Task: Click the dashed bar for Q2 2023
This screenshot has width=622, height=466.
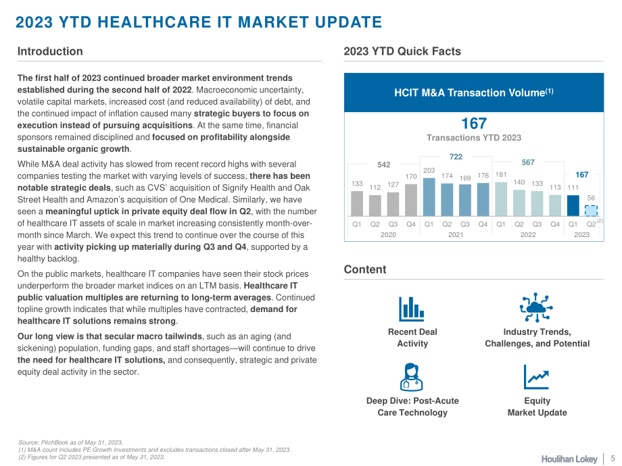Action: (591, 211)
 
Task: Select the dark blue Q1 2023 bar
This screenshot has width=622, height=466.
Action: (573, 206)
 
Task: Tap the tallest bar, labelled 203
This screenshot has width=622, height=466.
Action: (429, 197)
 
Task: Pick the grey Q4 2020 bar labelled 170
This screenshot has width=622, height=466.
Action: (411, 200)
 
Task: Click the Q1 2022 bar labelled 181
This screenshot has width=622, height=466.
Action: (501, 199)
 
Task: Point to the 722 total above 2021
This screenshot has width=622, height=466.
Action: (456, 157)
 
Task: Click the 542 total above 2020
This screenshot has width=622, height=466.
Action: (383, 164)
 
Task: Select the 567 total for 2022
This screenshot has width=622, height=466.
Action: (528, 162)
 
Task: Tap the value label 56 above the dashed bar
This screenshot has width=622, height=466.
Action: (591, 198)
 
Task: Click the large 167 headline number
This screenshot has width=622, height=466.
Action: (474, 123)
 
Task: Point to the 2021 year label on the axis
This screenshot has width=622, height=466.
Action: (456, 234)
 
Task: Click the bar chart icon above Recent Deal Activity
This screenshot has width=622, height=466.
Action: (411, 309)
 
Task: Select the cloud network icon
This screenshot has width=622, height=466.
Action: (536, 307)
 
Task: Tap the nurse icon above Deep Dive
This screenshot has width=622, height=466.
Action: (411, 378)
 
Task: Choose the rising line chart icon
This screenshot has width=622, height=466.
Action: (536, 378)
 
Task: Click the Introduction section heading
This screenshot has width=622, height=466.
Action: (50, 51)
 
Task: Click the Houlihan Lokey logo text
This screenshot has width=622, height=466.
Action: (569, 459)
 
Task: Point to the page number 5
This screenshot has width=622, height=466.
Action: (613, 459)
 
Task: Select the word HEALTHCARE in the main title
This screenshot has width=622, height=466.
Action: (154, 22)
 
